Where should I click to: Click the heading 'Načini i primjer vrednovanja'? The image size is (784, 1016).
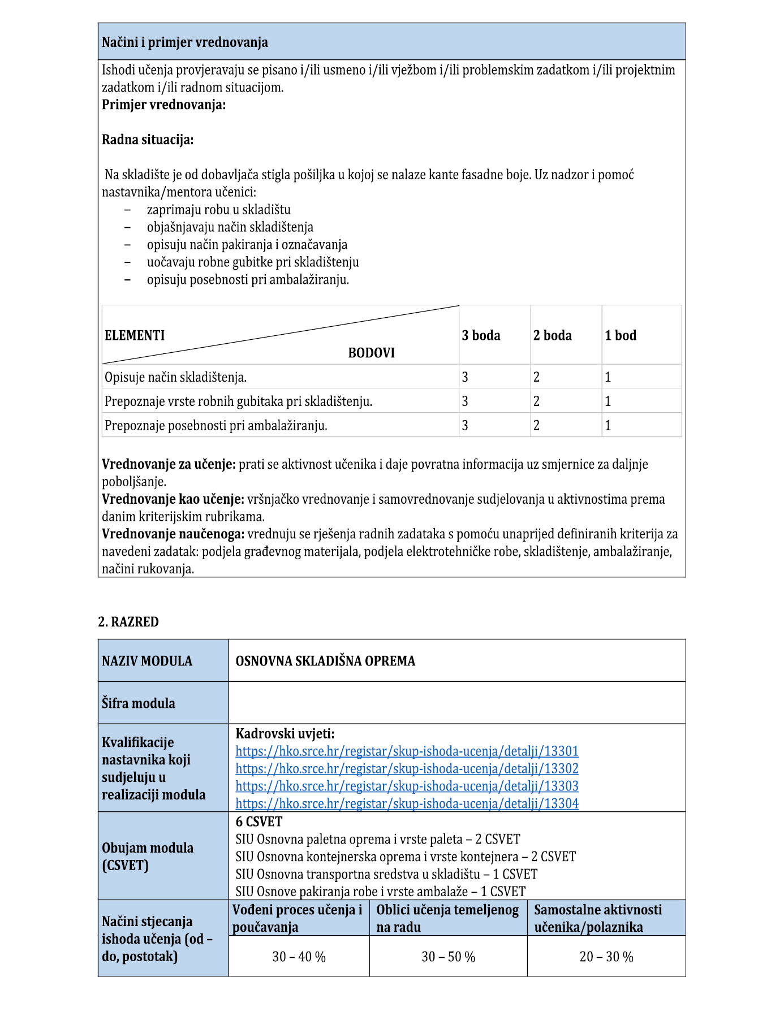click(x=184, y=42)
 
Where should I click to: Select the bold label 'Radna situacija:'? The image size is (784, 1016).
click(x=148, y=140)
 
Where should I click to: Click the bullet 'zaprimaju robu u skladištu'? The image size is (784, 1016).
click(x=218, y=210)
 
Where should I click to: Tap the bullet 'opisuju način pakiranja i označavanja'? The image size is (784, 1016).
click(x=247, y=245)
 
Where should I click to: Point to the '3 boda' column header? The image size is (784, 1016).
click(x=481, y=335)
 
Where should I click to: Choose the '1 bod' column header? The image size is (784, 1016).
click(x=620, y=335)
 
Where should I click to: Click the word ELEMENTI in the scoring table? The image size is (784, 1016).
click(x=135, y=335)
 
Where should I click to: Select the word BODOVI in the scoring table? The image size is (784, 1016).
click(x=371, y=353)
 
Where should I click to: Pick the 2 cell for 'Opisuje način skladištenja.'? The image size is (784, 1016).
click(x=536, y=377)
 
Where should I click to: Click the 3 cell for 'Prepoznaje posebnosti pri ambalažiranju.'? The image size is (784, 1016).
click(x=465, y=426)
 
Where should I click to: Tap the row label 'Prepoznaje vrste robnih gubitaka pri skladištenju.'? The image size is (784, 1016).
click(x=238, y=401)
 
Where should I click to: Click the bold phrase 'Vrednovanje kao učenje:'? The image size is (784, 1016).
click(x=173, y=499)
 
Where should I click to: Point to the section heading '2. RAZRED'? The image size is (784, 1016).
click(x=128, y=622)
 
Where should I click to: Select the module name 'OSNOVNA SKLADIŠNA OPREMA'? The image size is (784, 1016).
click(x=325, y=661)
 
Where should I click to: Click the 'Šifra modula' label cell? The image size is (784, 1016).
click(x=139, y=703)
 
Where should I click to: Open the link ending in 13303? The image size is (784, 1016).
click(x=407, y=786)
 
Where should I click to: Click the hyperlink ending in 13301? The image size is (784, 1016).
click(x=407, y=751)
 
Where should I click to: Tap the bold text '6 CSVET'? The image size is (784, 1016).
click(x=259, y=822)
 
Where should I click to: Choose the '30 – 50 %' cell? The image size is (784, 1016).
click(x=448, y=957)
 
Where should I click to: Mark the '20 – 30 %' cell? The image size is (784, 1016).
click(x=606, y=957)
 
